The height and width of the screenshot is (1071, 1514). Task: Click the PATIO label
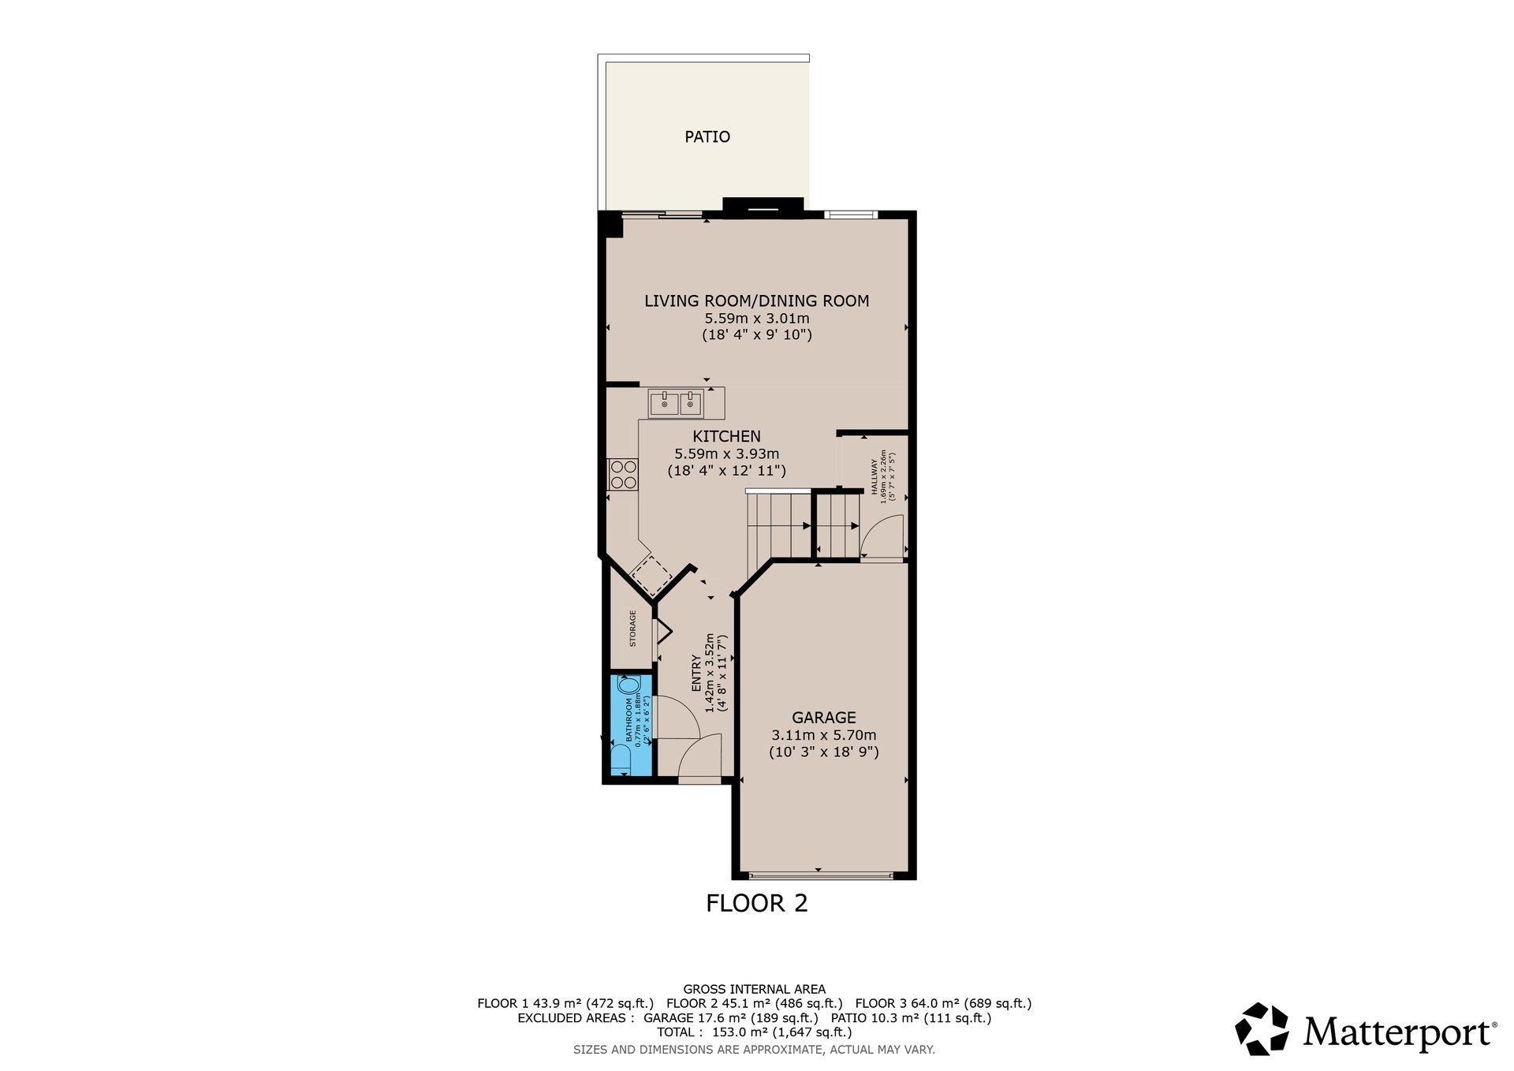tap(707, 136)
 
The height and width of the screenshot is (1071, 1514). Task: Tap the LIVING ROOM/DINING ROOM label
tap(757, 300)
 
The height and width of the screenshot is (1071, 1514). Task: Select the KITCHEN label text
tap(726, 436)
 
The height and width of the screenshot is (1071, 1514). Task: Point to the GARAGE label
tap(824, 718)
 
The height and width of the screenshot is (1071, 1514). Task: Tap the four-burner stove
tap(623, 474)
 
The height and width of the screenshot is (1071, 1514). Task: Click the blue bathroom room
tap(632, 725)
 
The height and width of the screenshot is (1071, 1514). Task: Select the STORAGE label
tap(632, 629)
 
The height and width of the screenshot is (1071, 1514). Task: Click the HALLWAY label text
tap(874, 477)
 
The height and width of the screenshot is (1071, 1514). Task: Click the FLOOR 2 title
tap(757, 903)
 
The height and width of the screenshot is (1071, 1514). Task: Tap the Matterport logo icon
tap(1262, 1028)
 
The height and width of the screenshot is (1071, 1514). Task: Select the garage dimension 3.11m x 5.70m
tap(824, 735)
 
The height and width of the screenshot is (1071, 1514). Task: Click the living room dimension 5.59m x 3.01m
tap(757, 319)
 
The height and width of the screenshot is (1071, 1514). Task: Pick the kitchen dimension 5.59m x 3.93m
tap(726, 453)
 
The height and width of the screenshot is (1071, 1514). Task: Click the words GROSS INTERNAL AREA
tap(755, 989)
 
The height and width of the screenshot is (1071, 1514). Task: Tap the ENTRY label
tap(696, 674)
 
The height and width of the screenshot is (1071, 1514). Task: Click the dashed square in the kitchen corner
tap(651, 576)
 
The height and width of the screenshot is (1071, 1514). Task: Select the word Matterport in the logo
tap(1399, 1032)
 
